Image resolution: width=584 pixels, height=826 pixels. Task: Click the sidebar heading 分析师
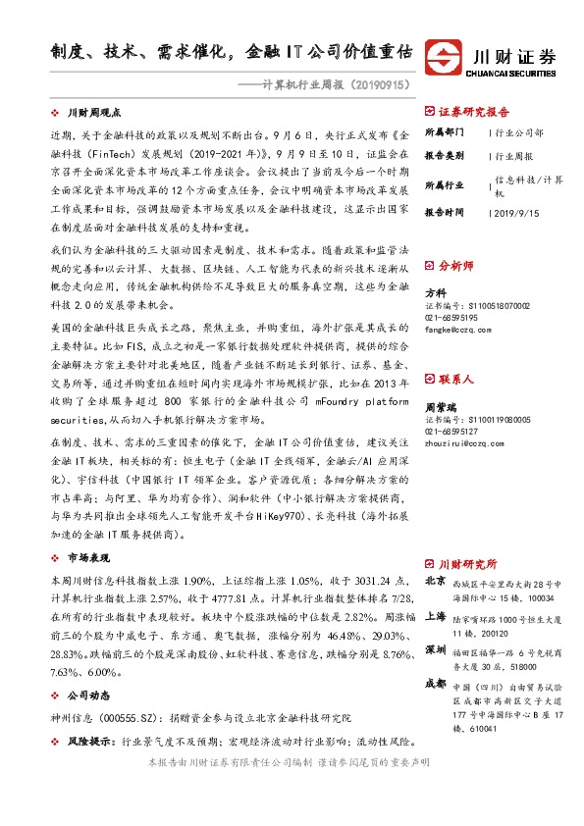pos(455,265)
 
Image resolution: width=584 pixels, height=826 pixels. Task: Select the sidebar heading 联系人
pos(455,378)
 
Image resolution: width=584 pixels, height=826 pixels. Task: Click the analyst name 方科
pos(434,292)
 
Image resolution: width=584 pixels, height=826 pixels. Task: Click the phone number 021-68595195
pos(451,318)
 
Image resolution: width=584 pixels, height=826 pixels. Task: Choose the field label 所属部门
pos(443,131)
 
